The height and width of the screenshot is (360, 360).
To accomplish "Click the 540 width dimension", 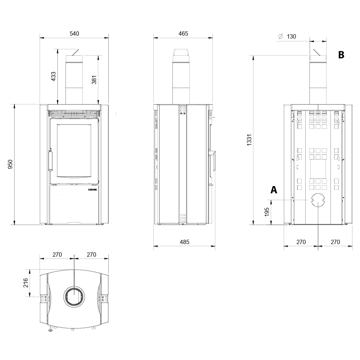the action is point(74,33).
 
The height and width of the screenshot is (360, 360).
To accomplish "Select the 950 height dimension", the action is point(10,164).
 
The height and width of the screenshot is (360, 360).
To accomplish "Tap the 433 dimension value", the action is point(53,76).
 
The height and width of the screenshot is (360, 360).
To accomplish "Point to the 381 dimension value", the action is point(94,80).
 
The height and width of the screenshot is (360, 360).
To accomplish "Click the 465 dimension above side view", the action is point(183,33).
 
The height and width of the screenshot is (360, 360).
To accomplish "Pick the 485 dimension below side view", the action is point(185,242).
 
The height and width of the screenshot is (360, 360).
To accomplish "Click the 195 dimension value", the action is point(266,212).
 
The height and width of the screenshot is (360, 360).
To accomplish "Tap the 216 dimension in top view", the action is point(26,283).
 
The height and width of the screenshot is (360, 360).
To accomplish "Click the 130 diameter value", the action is point(291,36).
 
